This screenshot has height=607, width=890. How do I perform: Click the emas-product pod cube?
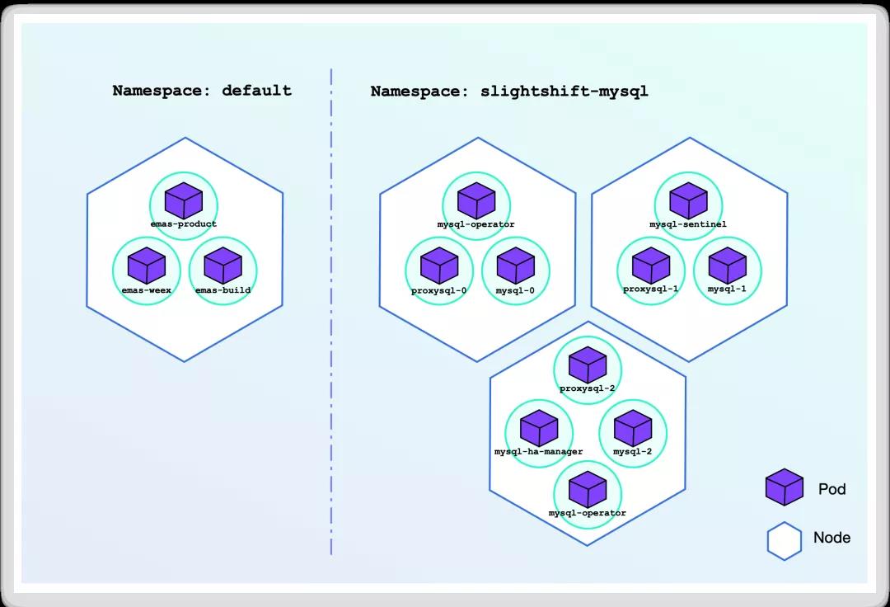pos(184,200)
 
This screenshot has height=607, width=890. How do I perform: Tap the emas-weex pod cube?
pos(147,266)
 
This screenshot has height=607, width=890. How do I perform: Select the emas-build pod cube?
pos(223,266)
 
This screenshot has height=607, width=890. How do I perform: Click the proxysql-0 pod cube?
pos(439,266)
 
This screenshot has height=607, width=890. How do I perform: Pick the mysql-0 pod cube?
pos(515,266)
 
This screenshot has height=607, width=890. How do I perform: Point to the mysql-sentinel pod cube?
pos(688,200)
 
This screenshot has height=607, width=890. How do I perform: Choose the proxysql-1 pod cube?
pos(651,266)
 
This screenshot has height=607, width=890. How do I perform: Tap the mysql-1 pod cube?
pos(728,266)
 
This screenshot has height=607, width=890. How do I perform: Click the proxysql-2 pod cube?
pos(588,365)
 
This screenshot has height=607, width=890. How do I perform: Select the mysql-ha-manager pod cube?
pos(539,428)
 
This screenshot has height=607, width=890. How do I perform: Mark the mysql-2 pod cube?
pos(633,428)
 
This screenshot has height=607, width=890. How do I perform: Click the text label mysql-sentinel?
pos(688,224)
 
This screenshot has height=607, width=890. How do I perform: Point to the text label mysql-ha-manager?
pos(539,452)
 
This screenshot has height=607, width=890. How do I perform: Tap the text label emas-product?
pos(183,224)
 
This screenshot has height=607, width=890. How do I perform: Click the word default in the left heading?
pos(256,90)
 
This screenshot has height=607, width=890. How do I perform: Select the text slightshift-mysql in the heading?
pos(564,92)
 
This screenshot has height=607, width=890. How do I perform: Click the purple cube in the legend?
pos(785,487)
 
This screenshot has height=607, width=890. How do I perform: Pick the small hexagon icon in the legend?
pos(785,541)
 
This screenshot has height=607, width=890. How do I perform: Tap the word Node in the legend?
pos(831,538)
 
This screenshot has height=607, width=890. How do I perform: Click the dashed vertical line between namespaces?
pos(331,311)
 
